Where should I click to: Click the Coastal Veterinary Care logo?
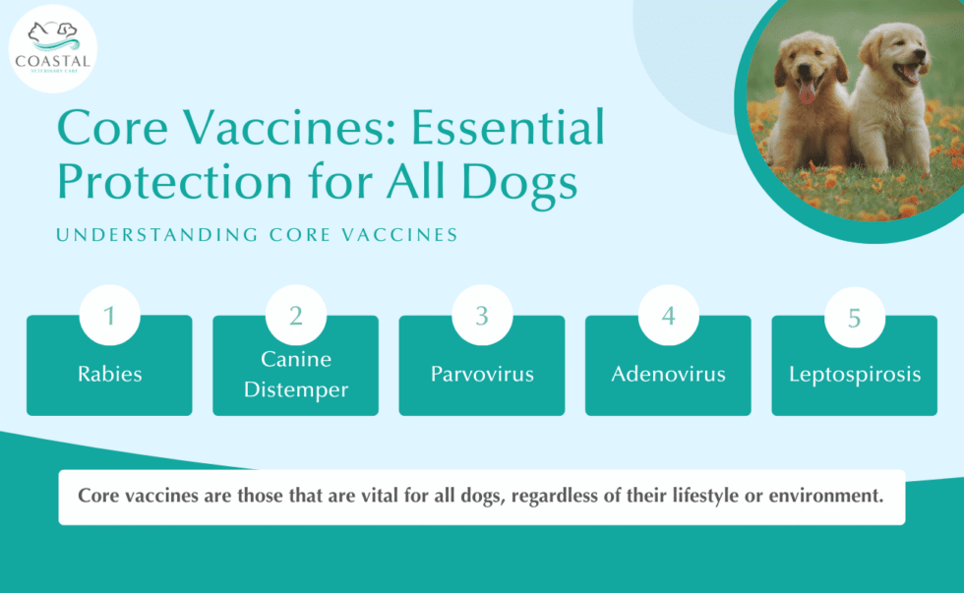[52, 46]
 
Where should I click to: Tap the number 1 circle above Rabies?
[109, 317]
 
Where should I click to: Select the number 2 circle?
[295, 317]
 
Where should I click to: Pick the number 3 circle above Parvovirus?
[482, 317]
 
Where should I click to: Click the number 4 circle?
[668, 317]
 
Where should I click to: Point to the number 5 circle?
[854, 317]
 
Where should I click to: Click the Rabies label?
[109, 375]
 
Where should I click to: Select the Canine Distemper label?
[296, 375]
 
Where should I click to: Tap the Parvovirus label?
[482, 375]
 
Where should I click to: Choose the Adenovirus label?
[668, 375]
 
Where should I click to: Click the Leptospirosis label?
[854, 375]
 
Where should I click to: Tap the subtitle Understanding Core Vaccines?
[257, 235]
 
